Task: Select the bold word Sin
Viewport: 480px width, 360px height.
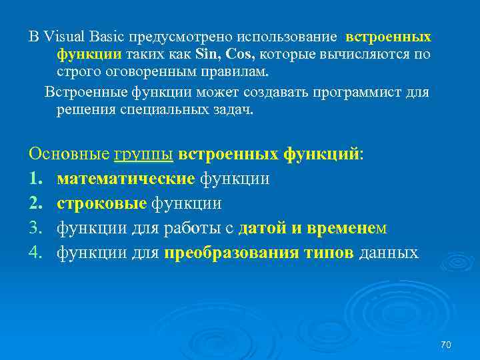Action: (204, 54)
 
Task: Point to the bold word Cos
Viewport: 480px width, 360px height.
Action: (240, 54)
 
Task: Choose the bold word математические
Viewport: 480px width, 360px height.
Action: (126, 179)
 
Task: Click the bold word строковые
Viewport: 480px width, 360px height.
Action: (102, 203)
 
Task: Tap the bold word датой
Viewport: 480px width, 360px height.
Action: (262, 229)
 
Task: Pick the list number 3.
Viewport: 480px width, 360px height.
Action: (35, 229)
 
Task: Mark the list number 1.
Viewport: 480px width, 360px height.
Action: (35, 179)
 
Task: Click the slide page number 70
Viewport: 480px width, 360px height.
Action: (447, 345)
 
